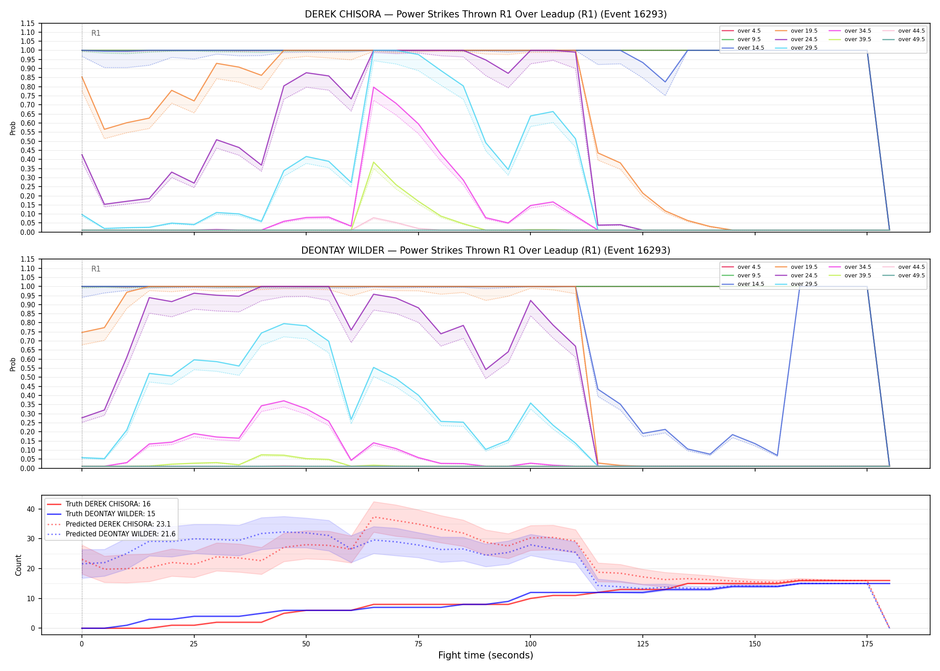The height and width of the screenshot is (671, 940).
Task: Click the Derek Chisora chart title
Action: (486, 14)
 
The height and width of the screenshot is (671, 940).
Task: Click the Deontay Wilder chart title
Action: (486, 251)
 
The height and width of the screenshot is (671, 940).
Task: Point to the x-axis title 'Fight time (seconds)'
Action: (486, 655)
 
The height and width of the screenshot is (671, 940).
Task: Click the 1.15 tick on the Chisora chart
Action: (28, 23)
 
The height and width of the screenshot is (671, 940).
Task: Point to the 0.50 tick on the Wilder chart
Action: (28, 377)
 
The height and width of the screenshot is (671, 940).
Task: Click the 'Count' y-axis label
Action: (18, 565)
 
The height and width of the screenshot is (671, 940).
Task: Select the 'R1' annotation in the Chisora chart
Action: (96, 33)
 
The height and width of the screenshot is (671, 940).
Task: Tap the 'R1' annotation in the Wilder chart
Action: (96, 269)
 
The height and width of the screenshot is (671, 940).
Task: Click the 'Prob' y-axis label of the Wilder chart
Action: (13, 364)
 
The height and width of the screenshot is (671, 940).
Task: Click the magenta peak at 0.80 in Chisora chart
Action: (374, 87)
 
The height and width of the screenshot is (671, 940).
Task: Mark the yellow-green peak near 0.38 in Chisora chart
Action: (374, 162)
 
